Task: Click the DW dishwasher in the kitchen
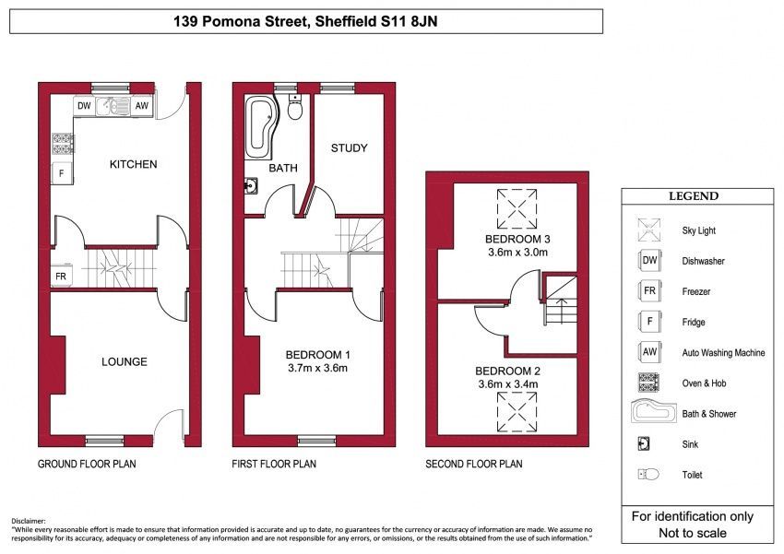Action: tap(84, 106)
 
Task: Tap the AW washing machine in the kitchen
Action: tap(142, 106)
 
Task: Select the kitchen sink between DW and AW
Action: tap(113, 106)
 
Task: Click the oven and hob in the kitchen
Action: tap(62, 144)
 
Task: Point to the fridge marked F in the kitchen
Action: tap(62, 173)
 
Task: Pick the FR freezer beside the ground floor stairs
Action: tap(62, 277)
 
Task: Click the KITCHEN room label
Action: tap(133, 164)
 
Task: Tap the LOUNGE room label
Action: tap(124, 361)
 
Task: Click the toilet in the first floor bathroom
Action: tap(295, 107)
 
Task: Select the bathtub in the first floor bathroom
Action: tap(260, 127)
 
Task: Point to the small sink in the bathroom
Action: tap(251, 186)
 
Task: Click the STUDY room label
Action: tap(349, 147)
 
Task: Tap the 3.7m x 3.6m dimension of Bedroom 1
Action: tap(317, 369)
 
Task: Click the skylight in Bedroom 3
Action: tap(517, 209)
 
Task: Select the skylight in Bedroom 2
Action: tap(517, 412)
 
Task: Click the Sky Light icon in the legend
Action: tap(649, 230)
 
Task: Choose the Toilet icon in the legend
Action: tap(648, 474)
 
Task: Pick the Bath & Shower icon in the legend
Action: tap(654, 412)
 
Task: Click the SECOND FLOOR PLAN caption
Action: tap(473, 464)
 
